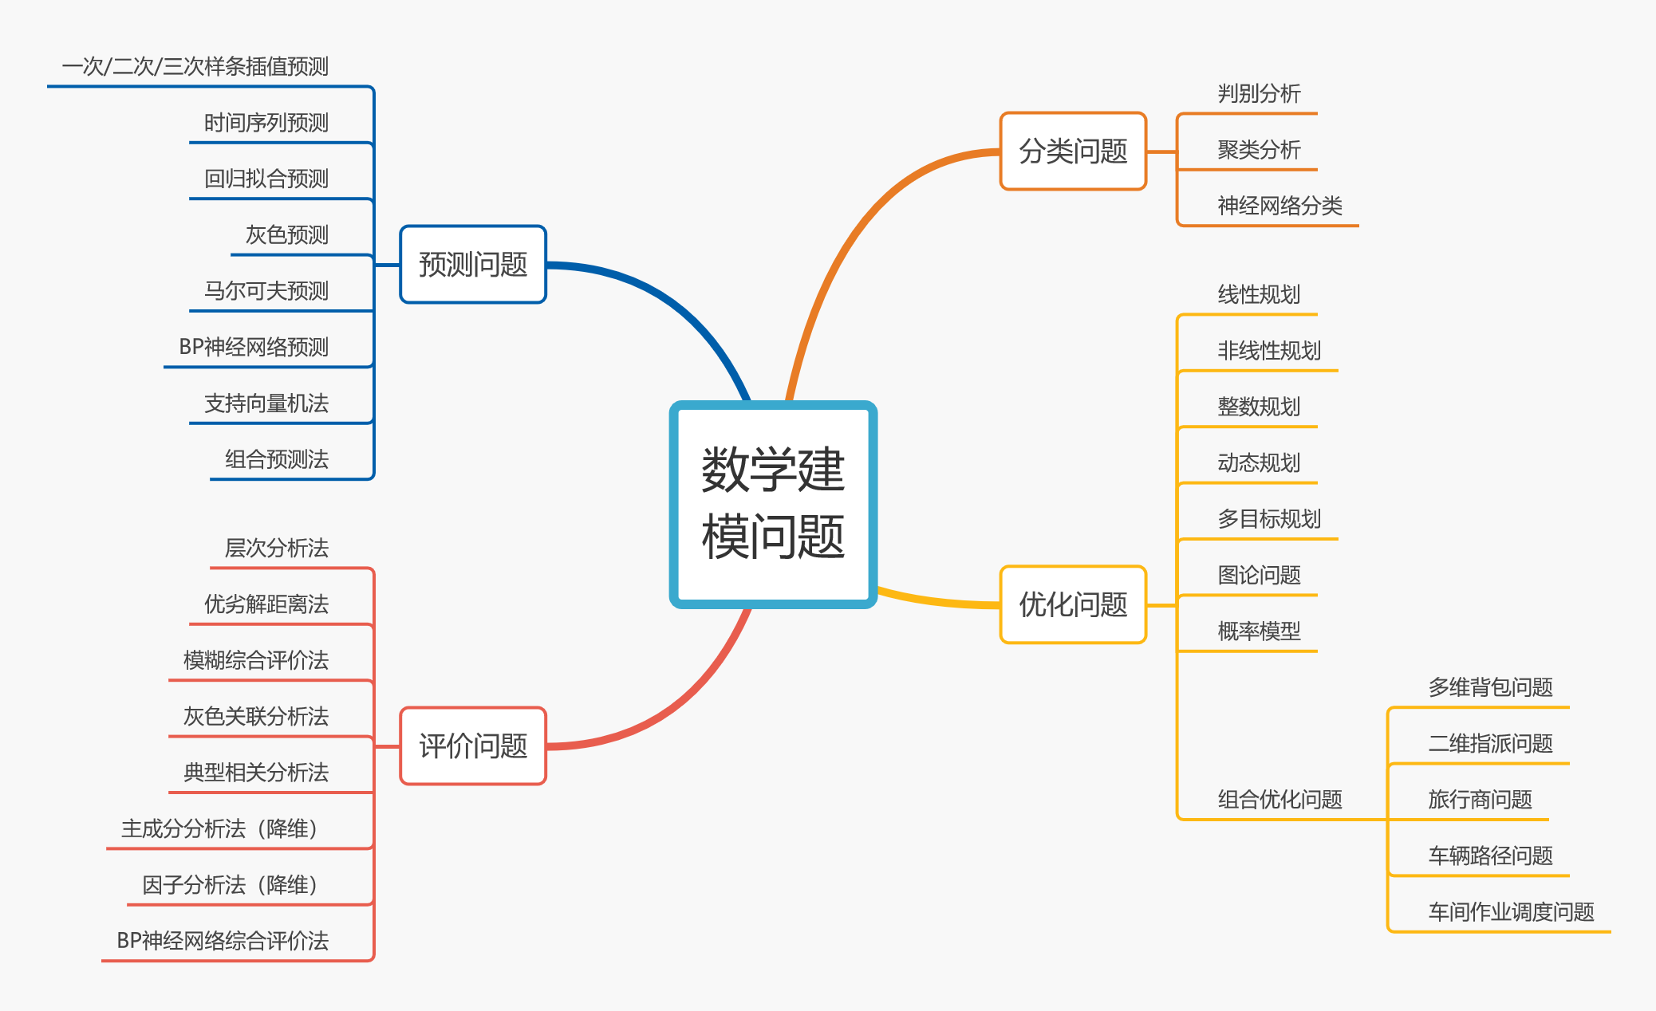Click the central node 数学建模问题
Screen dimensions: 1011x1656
[x=773, y=504]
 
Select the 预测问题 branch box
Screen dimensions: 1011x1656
[x=473, y=265]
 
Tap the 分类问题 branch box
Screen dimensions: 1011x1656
[x=1073, y=151]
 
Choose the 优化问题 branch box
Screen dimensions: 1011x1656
[x=1073, y=604]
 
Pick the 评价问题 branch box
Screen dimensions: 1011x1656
[x=473, y=746]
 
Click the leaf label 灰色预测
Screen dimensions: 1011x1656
[x=287, y=235]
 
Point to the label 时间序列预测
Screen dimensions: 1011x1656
[x=266, y=123]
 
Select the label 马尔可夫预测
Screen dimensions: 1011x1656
[x=266, y=291]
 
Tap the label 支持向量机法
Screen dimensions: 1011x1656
[x=266, y=403]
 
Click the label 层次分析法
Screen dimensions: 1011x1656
[x=277, y=549]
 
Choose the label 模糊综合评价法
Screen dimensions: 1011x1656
[x=256, y=660]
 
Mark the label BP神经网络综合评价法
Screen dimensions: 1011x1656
[x=223, y=941]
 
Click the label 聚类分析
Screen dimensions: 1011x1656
[x=1259, y=150]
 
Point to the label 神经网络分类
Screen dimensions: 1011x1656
[x=1279, y=206]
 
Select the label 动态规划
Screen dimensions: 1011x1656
[x=1259, y=462]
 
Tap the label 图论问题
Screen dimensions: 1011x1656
[x=1259, y=575]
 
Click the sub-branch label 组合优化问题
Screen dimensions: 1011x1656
[x=1279, y=799]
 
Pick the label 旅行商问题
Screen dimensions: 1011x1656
[x=1480, y=799]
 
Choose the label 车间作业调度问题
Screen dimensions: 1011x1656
[x=1511, y=911]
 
